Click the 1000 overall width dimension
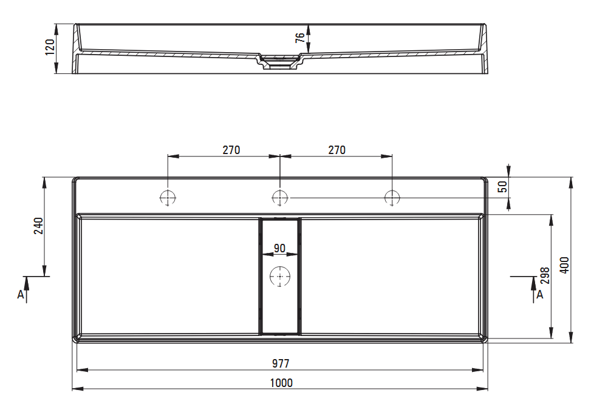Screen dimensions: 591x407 (x=281, y=383)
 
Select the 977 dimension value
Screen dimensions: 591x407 (x=281, y=363)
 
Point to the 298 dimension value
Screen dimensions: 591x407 (x=545, y=275)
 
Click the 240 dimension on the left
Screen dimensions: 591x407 (x=38, y=226)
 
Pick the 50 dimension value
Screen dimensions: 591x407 (x=503, y=187)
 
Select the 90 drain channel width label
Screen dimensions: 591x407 (x=279, y=249)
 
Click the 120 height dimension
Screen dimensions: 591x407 (x=50, y=47)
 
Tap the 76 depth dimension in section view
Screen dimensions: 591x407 (x=300, y=38)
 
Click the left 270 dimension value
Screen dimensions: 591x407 (x=231, y=150)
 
